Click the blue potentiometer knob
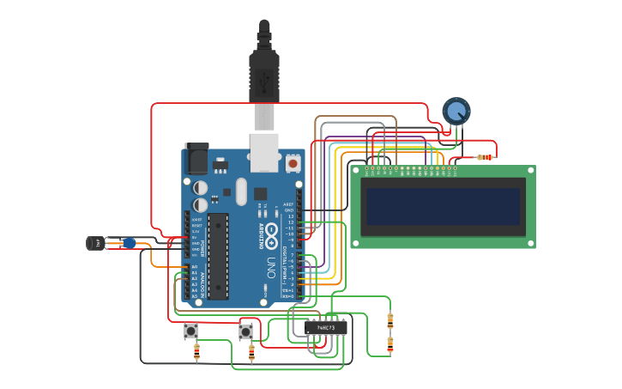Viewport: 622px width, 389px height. tap(456, 111)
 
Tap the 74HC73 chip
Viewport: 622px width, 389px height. tap(326, 327)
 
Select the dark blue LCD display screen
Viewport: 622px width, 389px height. tap(443, 206)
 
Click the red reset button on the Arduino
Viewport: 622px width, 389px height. tap(293, 161)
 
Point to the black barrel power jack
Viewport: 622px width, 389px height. tap(196, 159)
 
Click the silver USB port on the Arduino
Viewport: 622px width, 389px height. tap(264, 148)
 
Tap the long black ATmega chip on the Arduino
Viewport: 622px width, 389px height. tap(218, 256)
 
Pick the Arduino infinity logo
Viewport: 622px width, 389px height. tap(271, 230)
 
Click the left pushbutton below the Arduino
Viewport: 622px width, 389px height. tap(191, 331)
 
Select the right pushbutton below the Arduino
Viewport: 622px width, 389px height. tap(246, 331)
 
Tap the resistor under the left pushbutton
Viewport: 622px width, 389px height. tap(197, 350)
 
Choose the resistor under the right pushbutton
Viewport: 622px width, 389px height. tap(251, 351)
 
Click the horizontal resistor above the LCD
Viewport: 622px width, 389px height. tap(485, 157)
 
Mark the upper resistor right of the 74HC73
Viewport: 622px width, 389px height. tap(390, 320)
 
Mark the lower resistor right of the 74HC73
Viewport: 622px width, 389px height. tap(390, 344)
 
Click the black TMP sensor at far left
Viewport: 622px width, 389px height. tap(95, 243)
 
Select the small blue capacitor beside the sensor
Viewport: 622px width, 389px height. tap(129, 243)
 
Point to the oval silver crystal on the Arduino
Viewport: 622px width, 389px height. tap(240, 191)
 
